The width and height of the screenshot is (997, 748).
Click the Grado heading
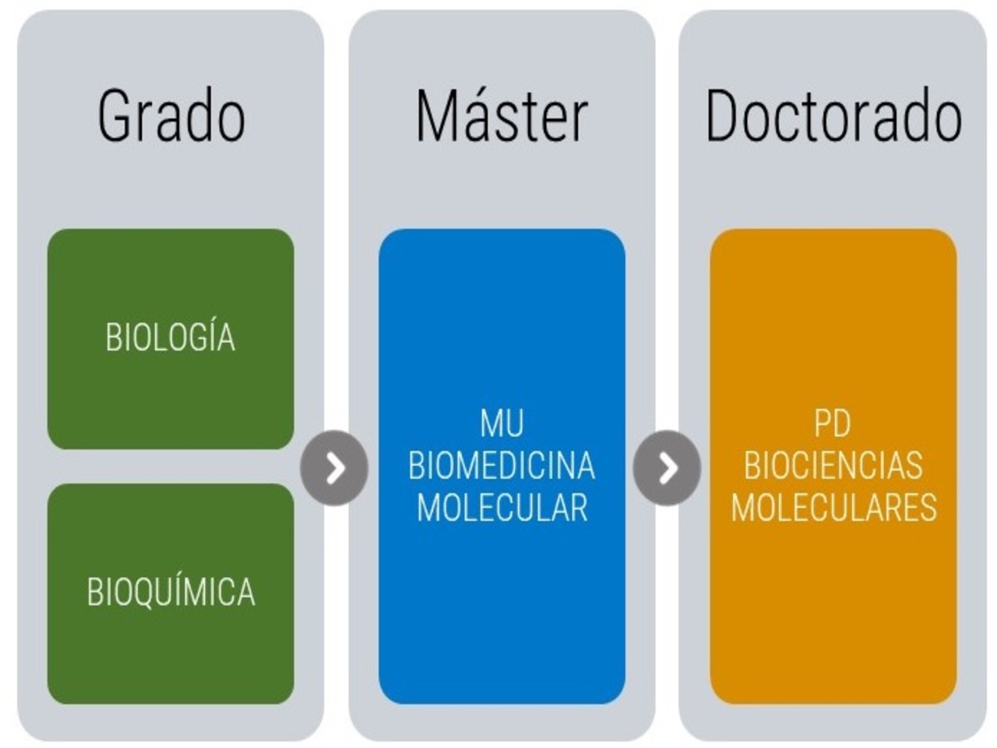coord(171,115)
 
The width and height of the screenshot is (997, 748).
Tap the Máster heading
coord(502,115)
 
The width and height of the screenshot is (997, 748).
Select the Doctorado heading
coord(834,115)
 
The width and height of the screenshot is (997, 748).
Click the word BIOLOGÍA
coord(171,337)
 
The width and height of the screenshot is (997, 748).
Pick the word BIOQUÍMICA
coord(171,592)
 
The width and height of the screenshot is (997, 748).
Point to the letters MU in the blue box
coord(502,423)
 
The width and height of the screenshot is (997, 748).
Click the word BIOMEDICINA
coord(502,465)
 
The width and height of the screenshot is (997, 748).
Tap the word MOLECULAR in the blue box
coord(502,508)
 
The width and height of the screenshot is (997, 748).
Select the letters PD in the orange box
coord(832,423)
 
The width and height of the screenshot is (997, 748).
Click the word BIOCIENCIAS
coord(833,465)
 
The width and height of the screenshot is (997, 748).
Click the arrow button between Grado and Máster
coord(334,467)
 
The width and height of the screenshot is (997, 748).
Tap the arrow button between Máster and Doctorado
coord(667,467)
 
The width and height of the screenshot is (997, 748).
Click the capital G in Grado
coord(111,115)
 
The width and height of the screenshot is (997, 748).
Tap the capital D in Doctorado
coord(723,115)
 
